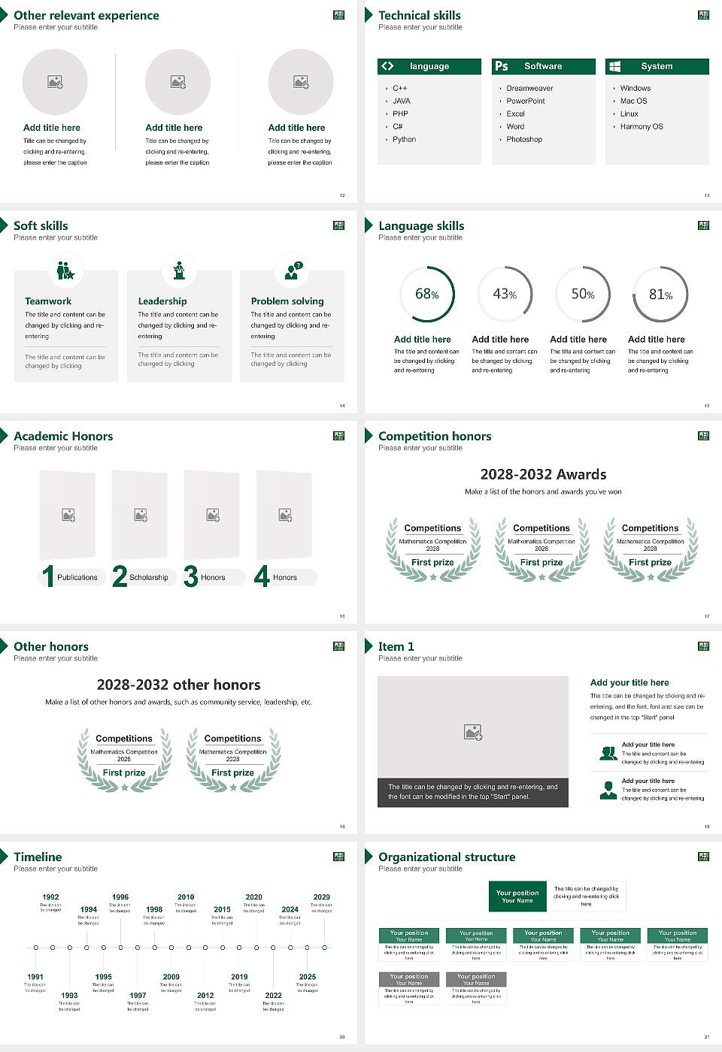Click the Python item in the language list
tap(404, 140)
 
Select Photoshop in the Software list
tap(524, 140)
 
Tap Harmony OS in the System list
tap(642, 127)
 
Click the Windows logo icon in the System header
tap(614, 66)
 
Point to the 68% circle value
tap(427, 295)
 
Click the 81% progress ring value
tap(660, 295)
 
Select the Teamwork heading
tap(48, 301)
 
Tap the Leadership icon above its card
tap(179, 271)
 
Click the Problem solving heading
tap(287, 301)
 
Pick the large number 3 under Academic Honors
tap(190, 576)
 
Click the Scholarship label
tap(148, 578)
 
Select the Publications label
tap(77, 578)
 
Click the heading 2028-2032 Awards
tap(543, 475)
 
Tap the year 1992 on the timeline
tap(50, 897)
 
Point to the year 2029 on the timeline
tap(321, 897)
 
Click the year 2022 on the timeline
tap(273, 996)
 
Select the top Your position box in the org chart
tap(517, 896)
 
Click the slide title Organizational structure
tap(447, 857)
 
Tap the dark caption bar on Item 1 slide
tap(472, 792)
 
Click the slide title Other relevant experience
tap(86, 16)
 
